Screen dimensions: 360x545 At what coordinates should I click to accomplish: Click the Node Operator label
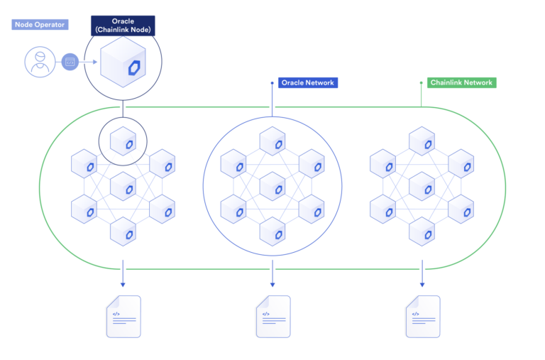(39, 25)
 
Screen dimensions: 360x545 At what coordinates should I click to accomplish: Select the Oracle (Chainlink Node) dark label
(123, 26)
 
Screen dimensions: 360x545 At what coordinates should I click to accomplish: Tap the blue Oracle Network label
(307, 82)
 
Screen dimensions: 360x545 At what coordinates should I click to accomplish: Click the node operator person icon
(40, 62)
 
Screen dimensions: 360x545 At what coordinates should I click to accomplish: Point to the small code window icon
(70, 62)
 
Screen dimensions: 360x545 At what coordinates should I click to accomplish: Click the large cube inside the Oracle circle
(123, 63)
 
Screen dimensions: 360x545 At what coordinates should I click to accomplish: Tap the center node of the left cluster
(123, 187)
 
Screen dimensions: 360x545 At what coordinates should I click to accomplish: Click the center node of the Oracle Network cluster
(272, 187)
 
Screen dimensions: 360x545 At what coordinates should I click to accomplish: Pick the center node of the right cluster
(422, 187)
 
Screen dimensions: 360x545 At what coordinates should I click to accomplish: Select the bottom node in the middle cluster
(272, 231)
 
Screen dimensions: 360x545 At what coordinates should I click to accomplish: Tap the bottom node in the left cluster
(123, 231)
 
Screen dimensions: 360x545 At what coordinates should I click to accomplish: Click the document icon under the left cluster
(123, 316)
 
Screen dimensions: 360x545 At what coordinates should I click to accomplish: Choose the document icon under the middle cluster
(272, 316)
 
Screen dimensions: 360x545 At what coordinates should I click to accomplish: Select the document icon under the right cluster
(422, 316)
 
